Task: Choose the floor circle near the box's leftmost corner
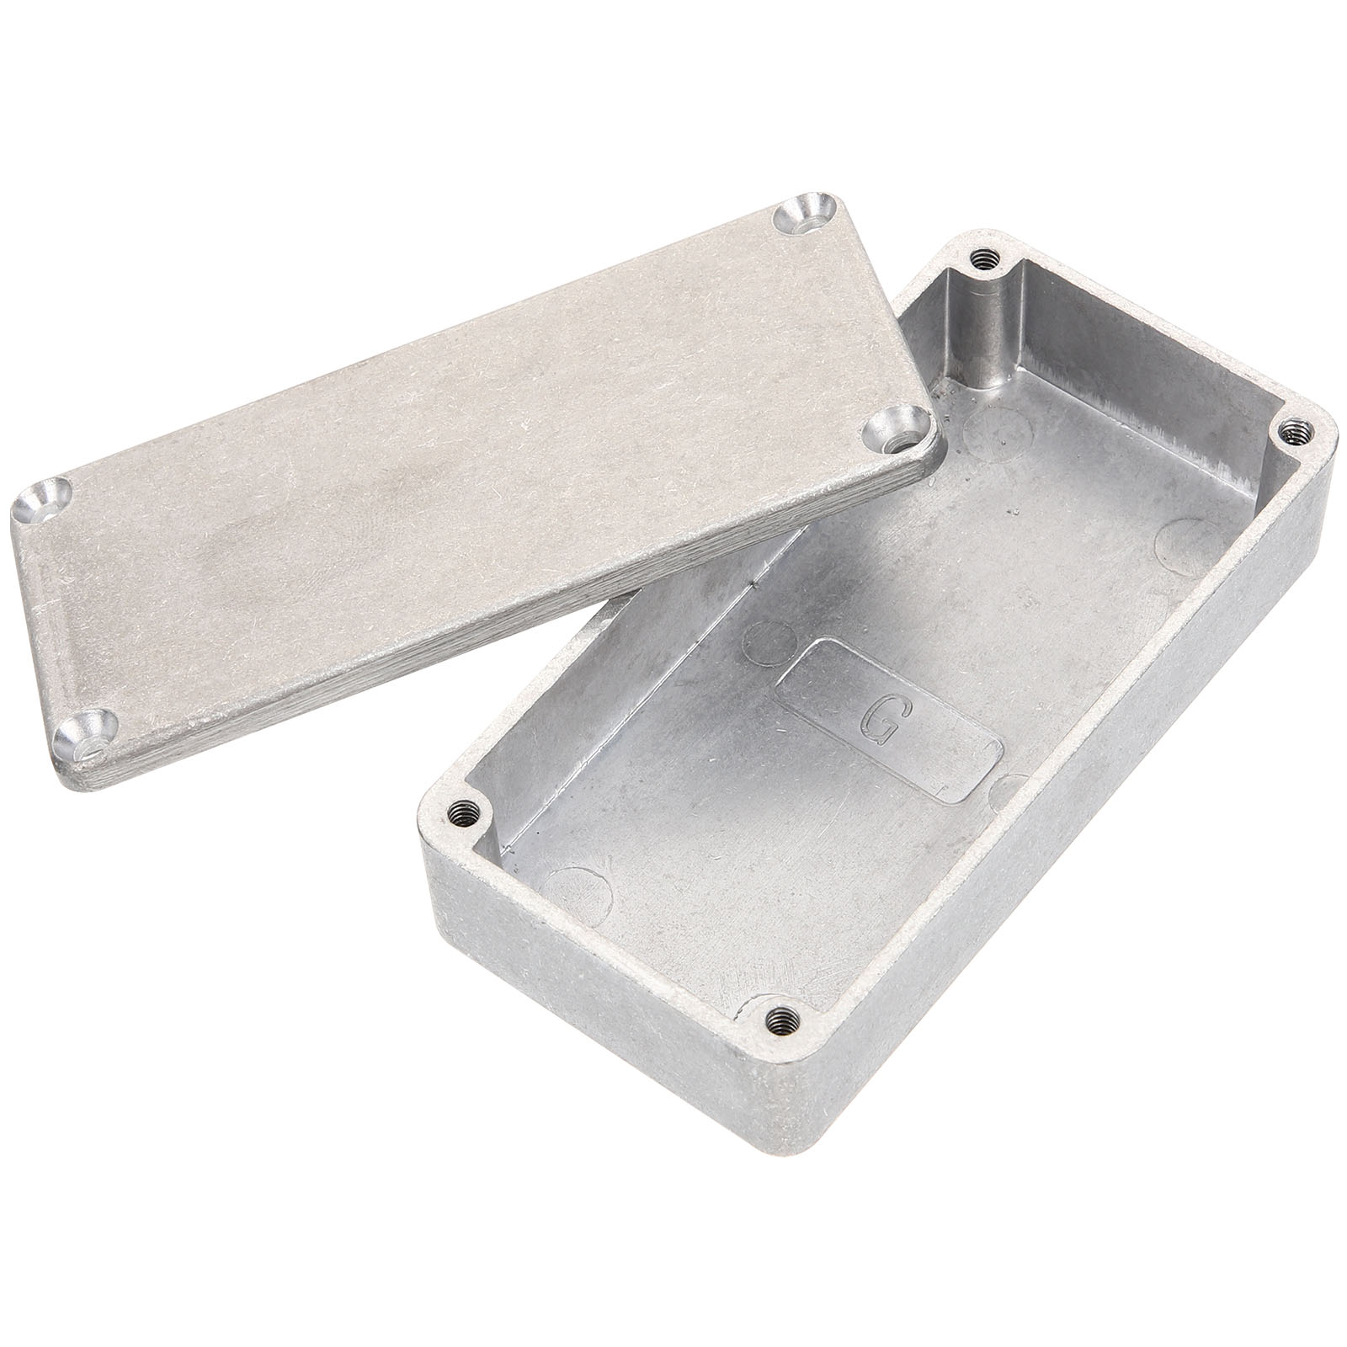pyautogui.click(x=579, y=889)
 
